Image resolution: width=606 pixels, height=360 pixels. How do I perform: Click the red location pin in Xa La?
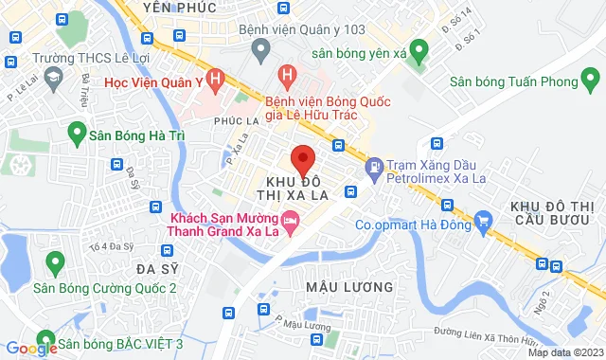302,159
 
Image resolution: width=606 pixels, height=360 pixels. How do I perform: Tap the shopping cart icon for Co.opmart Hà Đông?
485,225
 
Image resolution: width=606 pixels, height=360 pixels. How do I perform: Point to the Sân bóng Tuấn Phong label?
514,82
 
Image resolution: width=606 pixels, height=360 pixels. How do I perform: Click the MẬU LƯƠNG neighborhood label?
349,285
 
